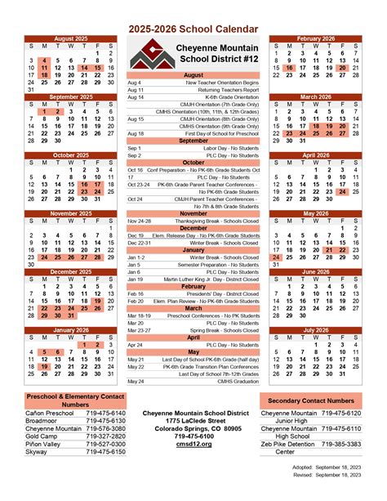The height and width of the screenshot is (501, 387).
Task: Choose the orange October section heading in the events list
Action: [193, 162]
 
